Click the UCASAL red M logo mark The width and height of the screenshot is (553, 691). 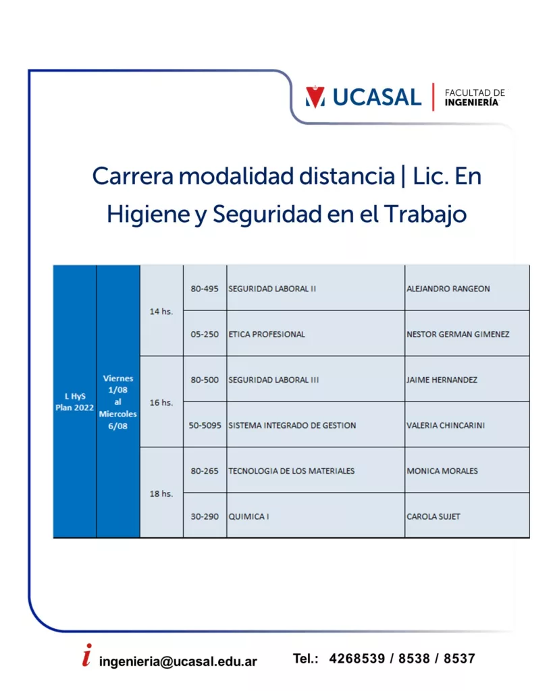tap(315, 97)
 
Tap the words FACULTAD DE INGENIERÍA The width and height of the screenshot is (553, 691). tap(475, 97)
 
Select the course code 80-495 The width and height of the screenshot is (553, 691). tap(204, 289)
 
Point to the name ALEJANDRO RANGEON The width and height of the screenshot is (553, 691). tap(448, 289)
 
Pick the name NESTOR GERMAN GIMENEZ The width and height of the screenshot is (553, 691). tap(458, 334)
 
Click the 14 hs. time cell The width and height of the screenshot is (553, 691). tap(161, 311)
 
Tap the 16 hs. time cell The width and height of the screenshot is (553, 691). tap(161, 402)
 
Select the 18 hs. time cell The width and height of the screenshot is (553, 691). tap(161, 493)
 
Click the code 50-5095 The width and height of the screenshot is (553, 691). tap(205, 425)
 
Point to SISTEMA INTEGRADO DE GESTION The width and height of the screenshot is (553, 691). tap(292, 425)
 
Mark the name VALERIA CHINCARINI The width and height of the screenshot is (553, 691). tap(446, 425)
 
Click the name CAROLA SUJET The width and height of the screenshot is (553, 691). tap(433, 516)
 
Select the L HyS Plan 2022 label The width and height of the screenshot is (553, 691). tap(74, 402)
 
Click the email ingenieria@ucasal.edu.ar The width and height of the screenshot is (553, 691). tap(178, 661)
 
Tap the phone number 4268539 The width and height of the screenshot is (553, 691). tap(357, 659)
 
